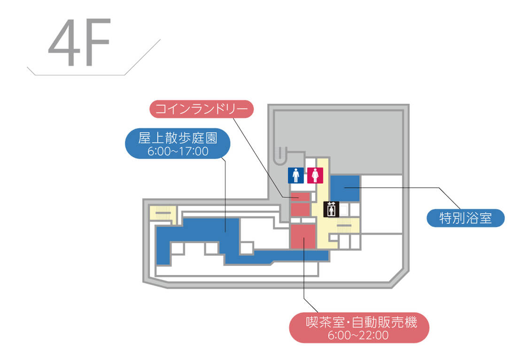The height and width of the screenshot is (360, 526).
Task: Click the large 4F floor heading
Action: pyautogui.click(x=79, y=43)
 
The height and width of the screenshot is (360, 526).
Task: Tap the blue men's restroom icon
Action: pyautogui.click(x=296, y=176)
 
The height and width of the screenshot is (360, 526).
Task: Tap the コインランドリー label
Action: pyautogui.click(x=201, y=109)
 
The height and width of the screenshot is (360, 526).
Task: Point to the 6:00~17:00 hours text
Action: pyautogui.click(x=178, y=152)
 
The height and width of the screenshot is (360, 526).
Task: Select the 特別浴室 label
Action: pyautogui.click(x=465, y=218)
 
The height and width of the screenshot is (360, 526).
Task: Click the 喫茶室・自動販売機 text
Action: pyautogui.click(x=359, y=322)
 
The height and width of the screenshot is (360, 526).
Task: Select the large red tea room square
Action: pyautogui.click(x=303, y=237)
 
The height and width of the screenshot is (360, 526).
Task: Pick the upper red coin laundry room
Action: pyautogui.click(x=300, y=196)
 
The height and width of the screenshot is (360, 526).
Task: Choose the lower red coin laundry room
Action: pyautogui.click(x=300, y=209)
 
